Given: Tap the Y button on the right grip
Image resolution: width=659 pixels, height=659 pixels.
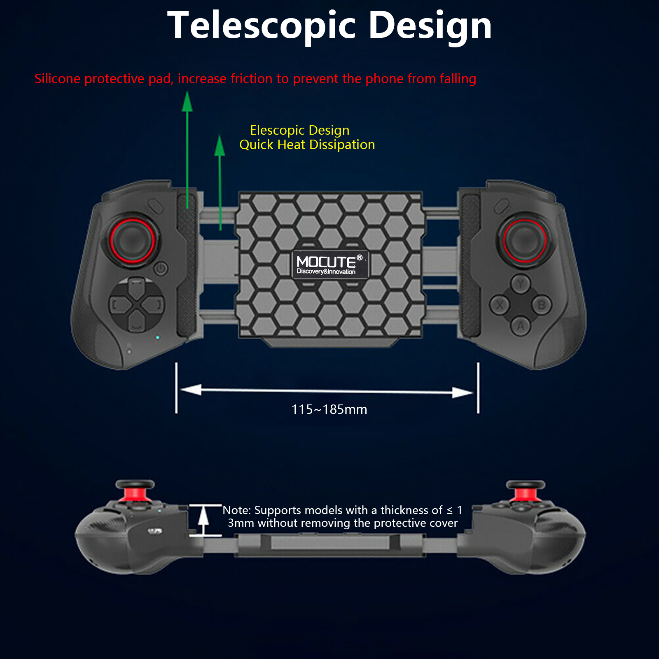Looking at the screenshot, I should click(x=521, y=284).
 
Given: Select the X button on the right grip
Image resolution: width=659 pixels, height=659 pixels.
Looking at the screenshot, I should click(x=499, y=305).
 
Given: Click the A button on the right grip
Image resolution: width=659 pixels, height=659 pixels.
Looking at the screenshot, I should click(x=521, y=326).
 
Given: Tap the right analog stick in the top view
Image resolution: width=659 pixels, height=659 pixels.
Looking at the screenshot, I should click(x=524, y=239).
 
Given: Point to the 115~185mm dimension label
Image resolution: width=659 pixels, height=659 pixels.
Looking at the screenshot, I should click(x=329, y=409).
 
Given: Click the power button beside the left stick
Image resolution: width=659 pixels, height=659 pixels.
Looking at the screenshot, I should click(x=161, y=269).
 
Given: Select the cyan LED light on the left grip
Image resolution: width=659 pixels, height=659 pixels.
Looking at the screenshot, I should click(x=157, y=338).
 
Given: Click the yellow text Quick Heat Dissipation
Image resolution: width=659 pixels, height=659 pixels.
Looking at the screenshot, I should click(x=307, y=145).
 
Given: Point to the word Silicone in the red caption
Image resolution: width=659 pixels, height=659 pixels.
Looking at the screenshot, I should click(x=58, y=79).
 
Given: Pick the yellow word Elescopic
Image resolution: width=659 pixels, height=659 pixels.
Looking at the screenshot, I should click(x=278, y=130).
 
